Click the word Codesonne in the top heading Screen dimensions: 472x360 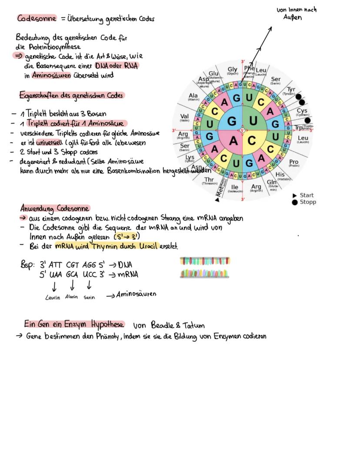tap(37, 19)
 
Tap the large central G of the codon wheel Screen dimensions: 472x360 tap(232, 120)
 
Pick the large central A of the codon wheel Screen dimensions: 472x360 tap(233, 141)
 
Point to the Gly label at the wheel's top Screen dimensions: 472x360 tap(233, 70)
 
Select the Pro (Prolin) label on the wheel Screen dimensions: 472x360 tap(294, 163)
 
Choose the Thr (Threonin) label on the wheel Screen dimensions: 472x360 tap(209, 180)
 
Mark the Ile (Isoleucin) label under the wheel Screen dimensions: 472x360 tap(235, 188)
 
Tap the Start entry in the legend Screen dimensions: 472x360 tap(307, 195)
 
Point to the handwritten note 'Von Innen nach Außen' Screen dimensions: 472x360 tap(296, 13)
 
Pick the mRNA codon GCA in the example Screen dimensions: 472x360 tap(72, 275)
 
